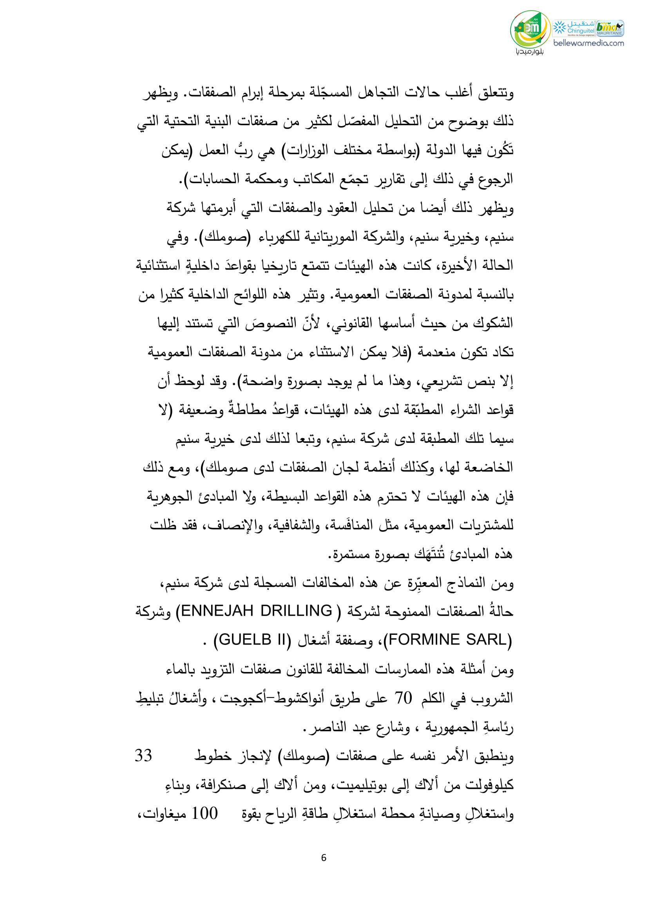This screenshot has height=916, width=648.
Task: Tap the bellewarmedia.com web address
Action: tap(588, 43)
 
